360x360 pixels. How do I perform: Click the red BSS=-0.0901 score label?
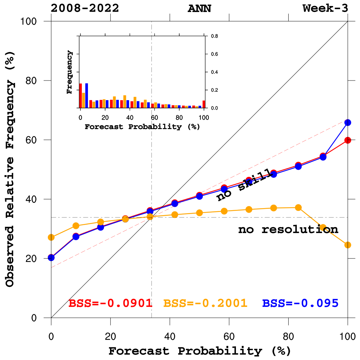110,303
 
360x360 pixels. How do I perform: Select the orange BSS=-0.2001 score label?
205,303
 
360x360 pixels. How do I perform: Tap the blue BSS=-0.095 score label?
300,303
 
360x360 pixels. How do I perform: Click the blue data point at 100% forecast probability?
348,122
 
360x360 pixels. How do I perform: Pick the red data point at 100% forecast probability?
348,140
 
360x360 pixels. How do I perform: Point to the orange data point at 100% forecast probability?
348,245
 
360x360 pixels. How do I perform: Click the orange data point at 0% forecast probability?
51,238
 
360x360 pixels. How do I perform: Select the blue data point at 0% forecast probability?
51,258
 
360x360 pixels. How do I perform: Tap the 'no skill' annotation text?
244,187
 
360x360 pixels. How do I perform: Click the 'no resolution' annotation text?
288,230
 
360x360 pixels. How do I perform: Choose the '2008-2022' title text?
85,8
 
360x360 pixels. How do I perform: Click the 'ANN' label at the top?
199,8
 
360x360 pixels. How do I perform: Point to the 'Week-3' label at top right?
325,8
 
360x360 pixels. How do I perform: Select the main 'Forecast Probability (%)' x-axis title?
199,351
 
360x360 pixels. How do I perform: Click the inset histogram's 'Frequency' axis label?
70,72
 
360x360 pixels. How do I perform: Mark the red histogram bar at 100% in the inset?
204,104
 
